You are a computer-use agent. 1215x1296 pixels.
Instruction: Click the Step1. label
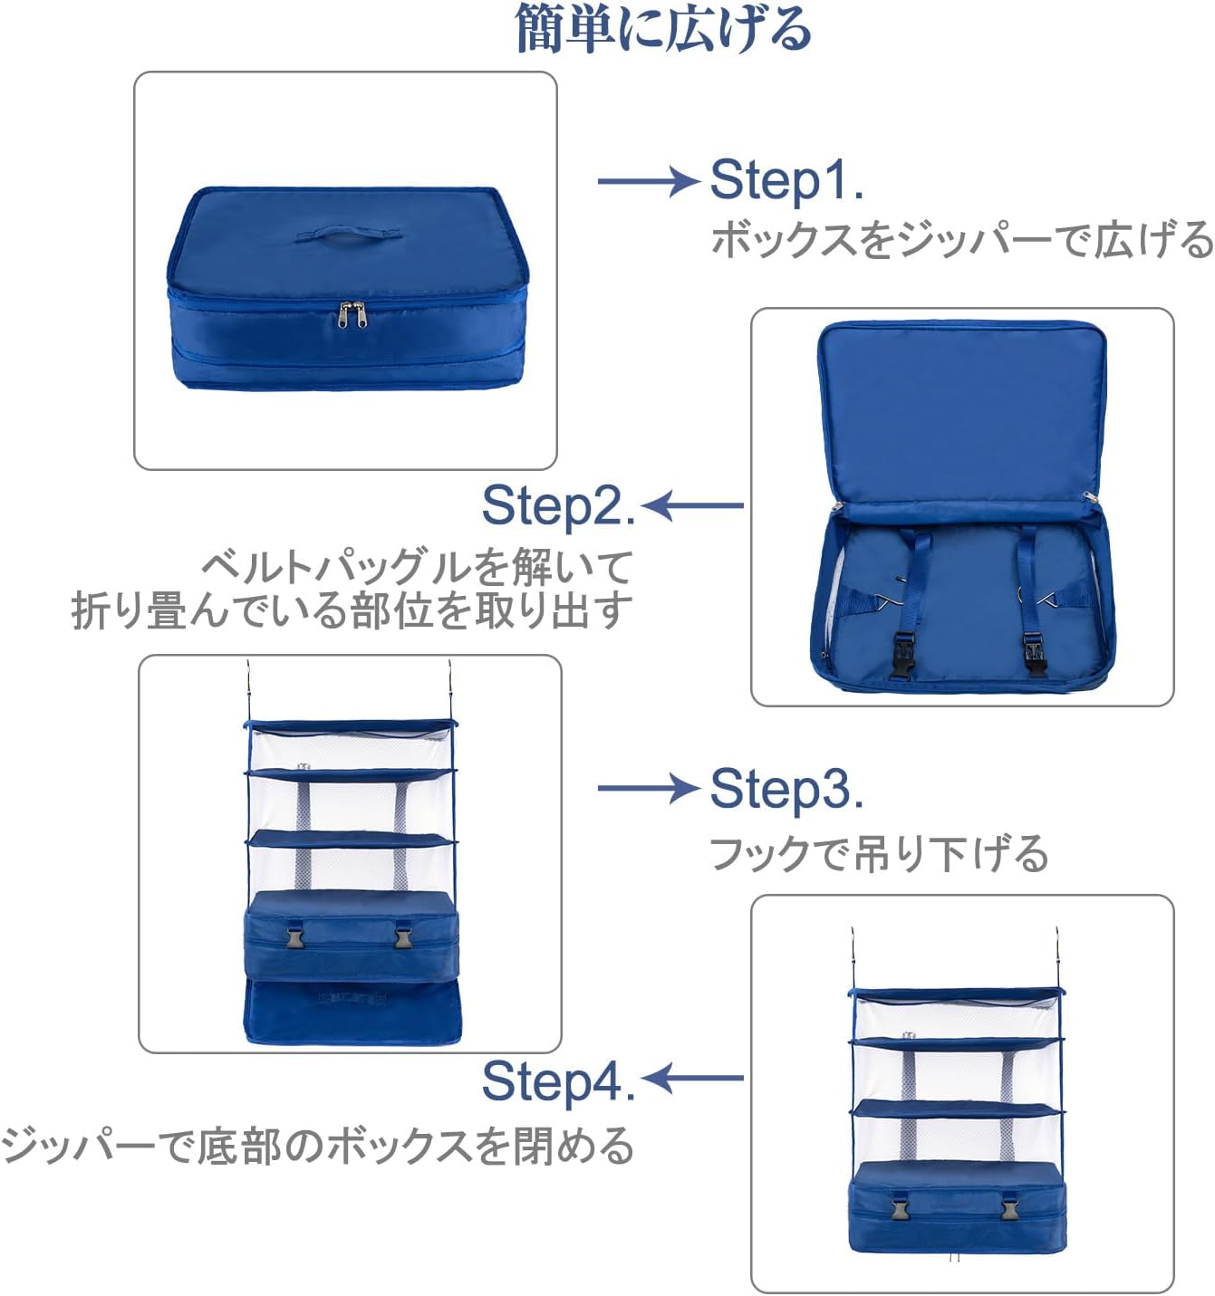pyautogui.click(x=786, y=179)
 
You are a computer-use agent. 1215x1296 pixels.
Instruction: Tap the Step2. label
pyautogui.click(x=558, y=505)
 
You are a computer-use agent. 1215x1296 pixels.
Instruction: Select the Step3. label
pyautogui.click(x=786, y=789)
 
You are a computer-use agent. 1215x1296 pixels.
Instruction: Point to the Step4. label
pyautogui.click(x=558, y=1080)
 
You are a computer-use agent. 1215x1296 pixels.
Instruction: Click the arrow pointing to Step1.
pyautogui.click(x=648, y=181)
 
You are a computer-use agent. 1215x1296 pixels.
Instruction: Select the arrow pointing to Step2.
pyautogui.click(x=693, y=505)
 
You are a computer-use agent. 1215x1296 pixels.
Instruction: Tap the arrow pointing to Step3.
pyautogui.click(x=648, y=789)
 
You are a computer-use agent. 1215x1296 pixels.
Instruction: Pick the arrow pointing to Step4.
pyautogui.click(x=693, y=1078)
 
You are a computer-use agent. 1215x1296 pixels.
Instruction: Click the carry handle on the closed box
pyautogui.click(x=347, y=237)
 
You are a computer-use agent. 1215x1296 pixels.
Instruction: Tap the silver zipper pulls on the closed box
pyautogui.click(x=352, y=313)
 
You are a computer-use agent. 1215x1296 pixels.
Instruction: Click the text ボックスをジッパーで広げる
pyautogui.click(x=961, y=241)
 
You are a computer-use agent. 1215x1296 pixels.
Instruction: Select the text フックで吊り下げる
pyautogui.click(x=878, y=854)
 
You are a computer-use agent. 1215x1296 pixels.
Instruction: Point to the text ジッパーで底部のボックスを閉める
pyautogui.click(x=317, y=1146)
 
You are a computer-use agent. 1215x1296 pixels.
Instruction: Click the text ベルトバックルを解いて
pyautogui.click(x=417, y=568)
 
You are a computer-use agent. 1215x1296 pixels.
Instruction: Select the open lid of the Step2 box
pyautogui.click(x=961, y=408)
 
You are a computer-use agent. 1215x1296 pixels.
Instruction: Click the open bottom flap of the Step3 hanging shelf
pyautogui.click(x=352, y=1012)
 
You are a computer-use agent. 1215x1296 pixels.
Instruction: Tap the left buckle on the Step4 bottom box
pyautogui.click(x=901, y=1210)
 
